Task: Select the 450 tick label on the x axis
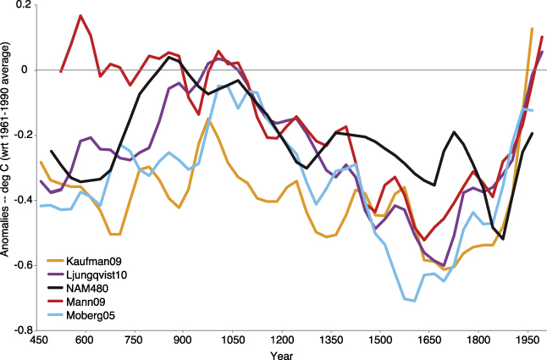pyautogui.click(x=36, y=341)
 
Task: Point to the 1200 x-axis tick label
pyautogui.click(x=282, y=341)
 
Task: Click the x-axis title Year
pyautogui.click(x=282, y=355)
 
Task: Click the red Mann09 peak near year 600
pyautogui.click(x=80, y=15)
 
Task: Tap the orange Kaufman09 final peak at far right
pyautogui.click(x=532, y=29)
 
